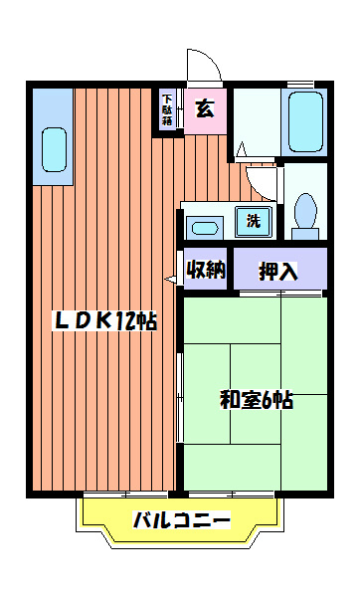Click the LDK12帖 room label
point(103,320)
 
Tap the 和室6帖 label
point(256,401)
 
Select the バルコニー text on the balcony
point(181,519)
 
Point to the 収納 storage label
point(207,270)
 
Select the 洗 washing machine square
point(252,221)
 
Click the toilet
point(305,210)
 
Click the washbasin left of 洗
point(205,226)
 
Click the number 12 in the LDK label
point(126,320)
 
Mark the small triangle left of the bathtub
point(240,150)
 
